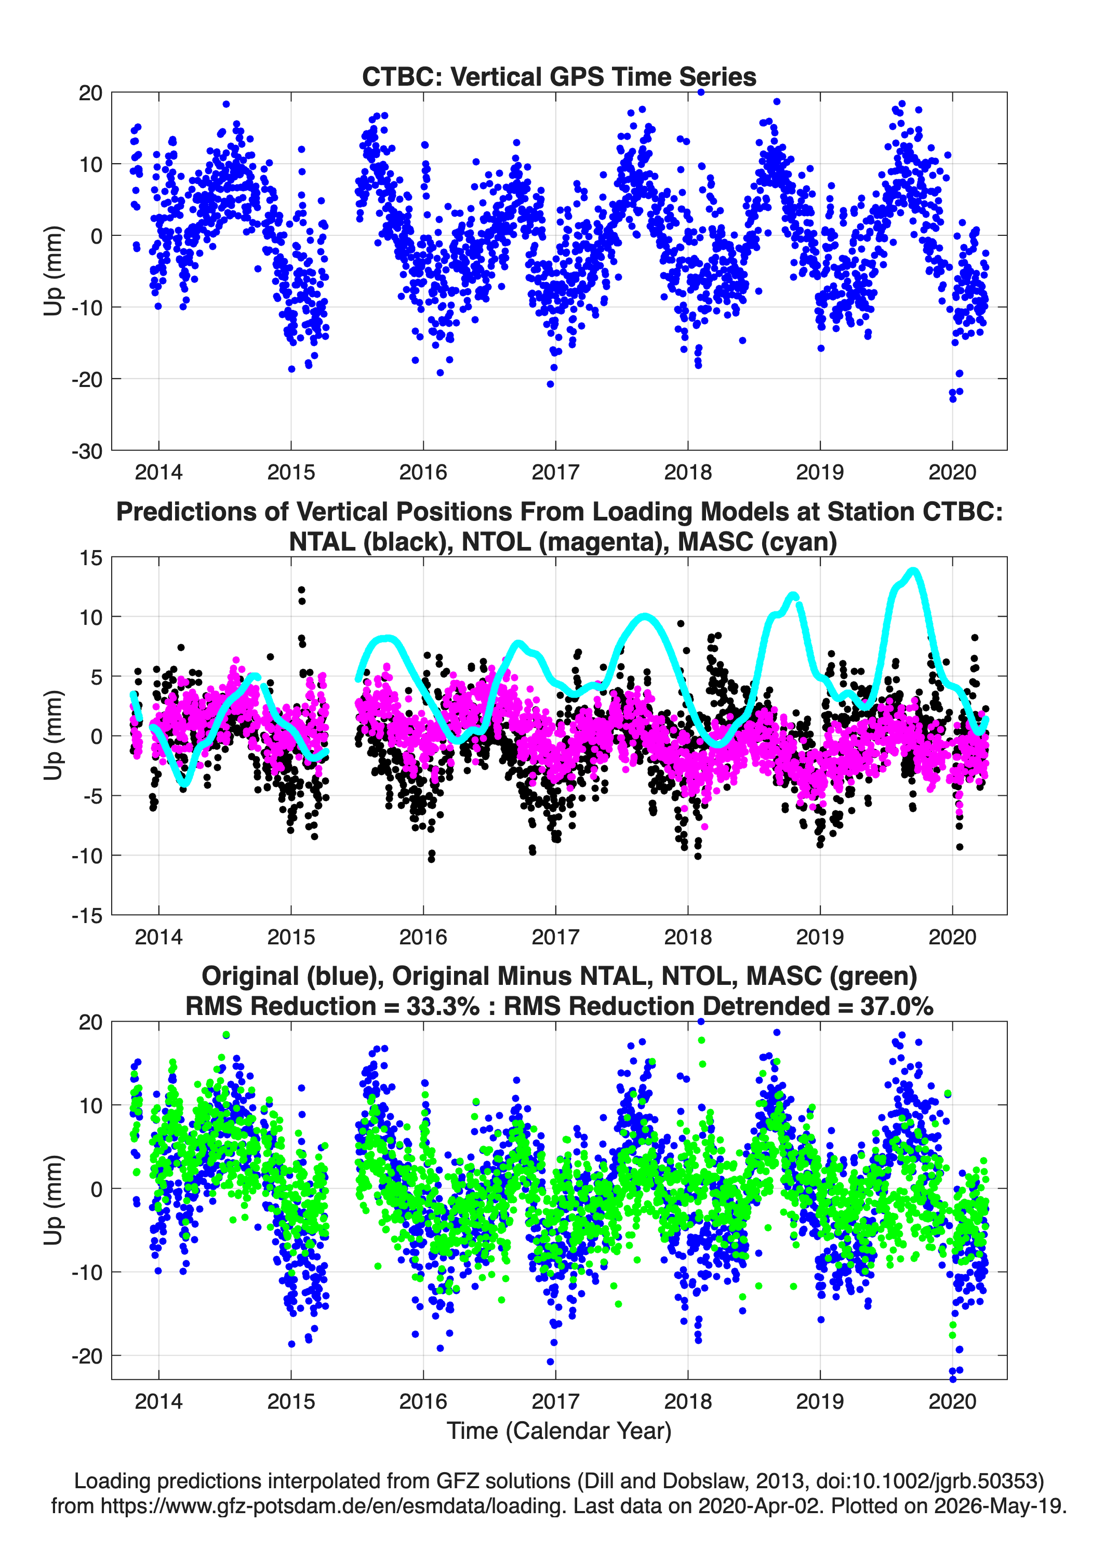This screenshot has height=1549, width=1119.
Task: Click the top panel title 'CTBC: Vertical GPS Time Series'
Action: coord(559,76)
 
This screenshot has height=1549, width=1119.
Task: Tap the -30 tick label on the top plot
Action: coord(87,451)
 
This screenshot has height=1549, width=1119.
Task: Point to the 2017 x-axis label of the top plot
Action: coord(555,472)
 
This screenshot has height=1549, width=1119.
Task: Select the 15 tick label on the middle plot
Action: coord(91,558)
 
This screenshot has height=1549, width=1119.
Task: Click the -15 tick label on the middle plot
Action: coord(87,916)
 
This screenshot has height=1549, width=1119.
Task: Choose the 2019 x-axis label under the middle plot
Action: coord(820,937)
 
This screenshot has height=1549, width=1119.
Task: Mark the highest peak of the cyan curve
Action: coord(913,571)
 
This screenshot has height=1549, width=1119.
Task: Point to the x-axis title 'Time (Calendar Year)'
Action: coord(559,1430)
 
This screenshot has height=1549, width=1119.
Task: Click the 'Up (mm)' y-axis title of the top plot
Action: coord(54,271)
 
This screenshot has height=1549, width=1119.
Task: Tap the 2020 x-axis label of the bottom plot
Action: coord(952,1401)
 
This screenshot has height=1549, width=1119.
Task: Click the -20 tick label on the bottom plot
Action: coord(87,1356)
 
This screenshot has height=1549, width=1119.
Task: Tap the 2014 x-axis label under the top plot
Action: coord(158,472)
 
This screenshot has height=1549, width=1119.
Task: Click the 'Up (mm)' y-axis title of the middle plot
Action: coord(54,735)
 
